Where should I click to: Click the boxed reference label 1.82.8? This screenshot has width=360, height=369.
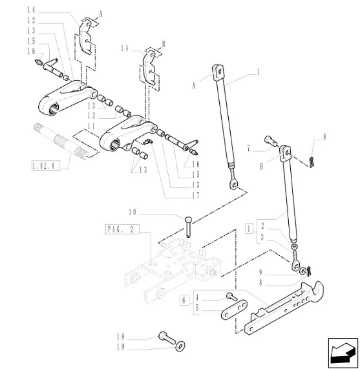tap(46, 165)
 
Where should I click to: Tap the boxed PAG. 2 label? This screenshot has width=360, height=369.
tap(122, 229)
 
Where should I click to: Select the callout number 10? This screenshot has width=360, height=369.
tap(132, 212)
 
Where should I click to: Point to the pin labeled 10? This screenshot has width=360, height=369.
tap(189, 227)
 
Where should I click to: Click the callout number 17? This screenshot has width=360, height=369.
tap(196, 195)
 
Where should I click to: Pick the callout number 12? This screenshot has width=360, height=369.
tap(31, 21)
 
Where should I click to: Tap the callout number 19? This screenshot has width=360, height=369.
tap(121, 347)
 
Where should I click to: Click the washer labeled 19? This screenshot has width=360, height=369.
tap(180, 346)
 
